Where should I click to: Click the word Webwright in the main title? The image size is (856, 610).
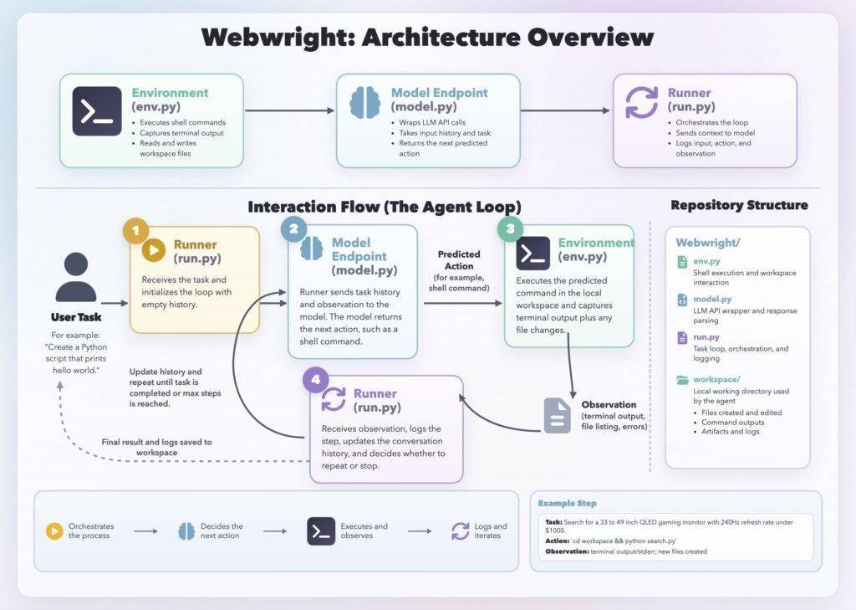coord(278,37)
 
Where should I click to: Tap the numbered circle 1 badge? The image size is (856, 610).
coord(136,230)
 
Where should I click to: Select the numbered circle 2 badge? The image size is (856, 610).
coord(293,228)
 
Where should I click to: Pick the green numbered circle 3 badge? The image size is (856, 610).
coord(511,228)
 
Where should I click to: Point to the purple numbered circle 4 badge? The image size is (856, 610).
coord(315,379)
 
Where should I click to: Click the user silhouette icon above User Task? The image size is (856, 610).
coord(76,277)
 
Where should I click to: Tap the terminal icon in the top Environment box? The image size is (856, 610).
coord(97,111)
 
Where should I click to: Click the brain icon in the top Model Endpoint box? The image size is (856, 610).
coord(364,102)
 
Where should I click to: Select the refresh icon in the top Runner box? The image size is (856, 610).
coord(641,102)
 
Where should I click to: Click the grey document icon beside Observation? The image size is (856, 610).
coord(557,415)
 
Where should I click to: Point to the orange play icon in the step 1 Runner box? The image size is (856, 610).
coord(154,250)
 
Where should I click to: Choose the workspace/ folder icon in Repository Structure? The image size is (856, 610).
coord(682,380)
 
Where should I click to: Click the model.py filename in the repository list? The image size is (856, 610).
coord(712,299)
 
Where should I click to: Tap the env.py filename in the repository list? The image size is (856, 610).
coord(706,261)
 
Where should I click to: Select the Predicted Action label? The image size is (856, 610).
coord(459,260)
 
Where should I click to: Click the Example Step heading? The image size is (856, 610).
coord(568,503)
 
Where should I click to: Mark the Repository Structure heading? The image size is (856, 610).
coord(739,205)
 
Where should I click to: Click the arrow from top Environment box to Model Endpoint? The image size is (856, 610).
coord(289,110)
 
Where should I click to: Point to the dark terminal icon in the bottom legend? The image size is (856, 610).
coord(321,531)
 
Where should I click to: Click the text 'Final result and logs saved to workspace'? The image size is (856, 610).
coord(156,447)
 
